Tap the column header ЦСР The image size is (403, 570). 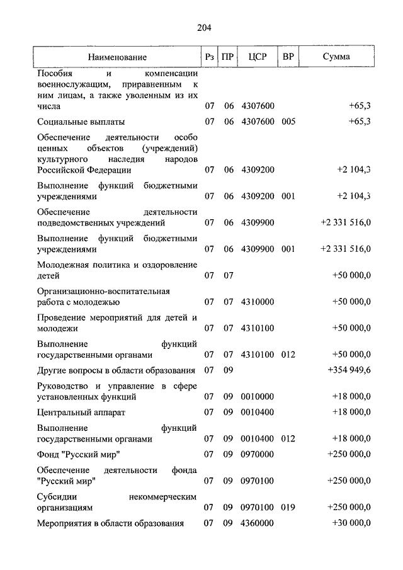coord(258,57)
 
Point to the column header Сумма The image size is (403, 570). coord(336,57)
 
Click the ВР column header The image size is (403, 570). coord(288,57)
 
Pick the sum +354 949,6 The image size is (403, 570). coord(349,370)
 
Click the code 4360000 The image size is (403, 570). coord(258,523)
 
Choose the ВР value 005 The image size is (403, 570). coord(288,122)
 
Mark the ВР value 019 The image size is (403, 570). coord(288,506)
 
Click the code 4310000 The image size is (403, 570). coord(258,302)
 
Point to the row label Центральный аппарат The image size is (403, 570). coord(81,413)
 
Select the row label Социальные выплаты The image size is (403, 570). coord(81,122)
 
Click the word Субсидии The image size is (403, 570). coord(55,496)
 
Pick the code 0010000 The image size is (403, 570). coord(258,397)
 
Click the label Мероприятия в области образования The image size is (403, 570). coord(110,523)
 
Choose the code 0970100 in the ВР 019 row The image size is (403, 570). coord(258,506)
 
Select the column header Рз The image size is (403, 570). coord(210,57)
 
